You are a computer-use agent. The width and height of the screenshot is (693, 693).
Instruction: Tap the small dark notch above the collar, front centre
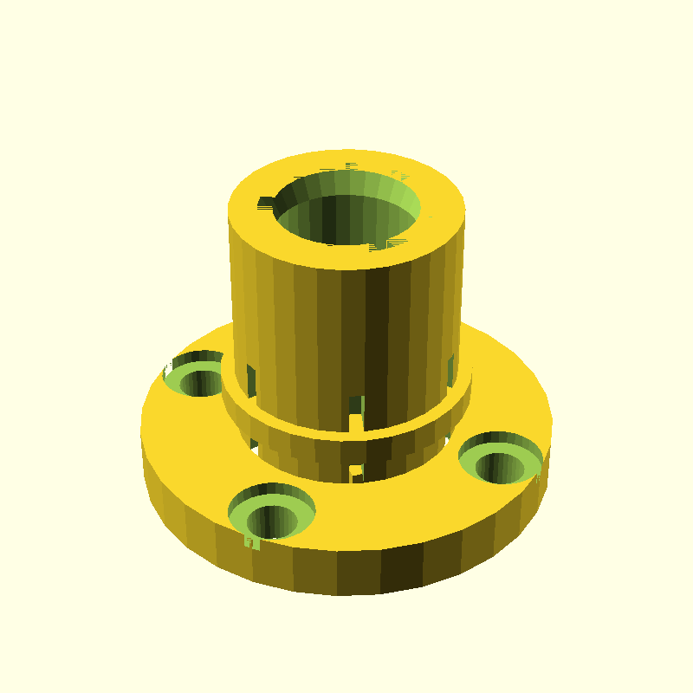click(356, 405)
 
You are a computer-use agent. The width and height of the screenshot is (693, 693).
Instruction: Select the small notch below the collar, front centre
click(355, 470)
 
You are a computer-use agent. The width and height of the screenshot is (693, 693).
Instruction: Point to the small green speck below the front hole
click(252, 543)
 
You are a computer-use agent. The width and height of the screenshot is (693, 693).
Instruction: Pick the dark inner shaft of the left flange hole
click(204, 381)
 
